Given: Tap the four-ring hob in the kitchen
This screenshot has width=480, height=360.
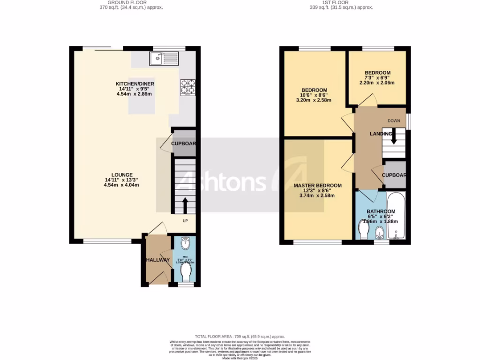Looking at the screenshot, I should click(187, 87).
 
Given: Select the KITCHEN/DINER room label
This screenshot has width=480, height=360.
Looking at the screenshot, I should click(135, 84).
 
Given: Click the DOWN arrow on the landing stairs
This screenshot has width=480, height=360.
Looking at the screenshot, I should click(394, 136).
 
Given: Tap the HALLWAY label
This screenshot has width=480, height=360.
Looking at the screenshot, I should click(157, 260).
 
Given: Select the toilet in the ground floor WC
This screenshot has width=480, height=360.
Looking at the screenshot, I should click(186, 271).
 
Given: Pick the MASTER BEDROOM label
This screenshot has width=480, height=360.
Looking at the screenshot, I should click(317, 186).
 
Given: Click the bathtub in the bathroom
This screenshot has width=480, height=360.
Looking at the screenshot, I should click(398, 216).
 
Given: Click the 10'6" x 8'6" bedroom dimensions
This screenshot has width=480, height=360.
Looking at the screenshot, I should click(314, 95).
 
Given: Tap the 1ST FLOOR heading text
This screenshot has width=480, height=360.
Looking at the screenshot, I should click(335, 2).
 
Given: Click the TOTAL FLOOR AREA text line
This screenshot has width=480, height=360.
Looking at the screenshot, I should click(240, 337).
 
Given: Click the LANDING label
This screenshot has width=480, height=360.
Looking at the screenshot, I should click(380, 134).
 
